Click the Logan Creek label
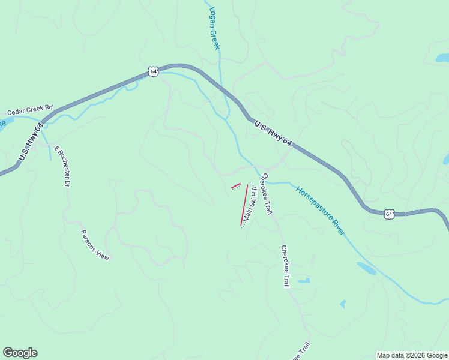215,28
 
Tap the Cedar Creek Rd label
30,112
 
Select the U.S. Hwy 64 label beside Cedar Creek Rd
31,142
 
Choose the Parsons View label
95,244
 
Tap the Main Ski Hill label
249,205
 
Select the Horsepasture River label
320,210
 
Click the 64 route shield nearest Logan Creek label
154,71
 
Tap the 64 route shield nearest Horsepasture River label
389,214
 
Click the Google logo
20,353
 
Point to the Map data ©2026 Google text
412,355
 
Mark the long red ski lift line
244,205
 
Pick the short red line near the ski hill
236,186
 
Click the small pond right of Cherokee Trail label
304,280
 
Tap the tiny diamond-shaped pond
342,304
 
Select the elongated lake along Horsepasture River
367,268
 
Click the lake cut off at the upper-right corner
442,58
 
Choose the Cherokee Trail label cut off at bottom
301,352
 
